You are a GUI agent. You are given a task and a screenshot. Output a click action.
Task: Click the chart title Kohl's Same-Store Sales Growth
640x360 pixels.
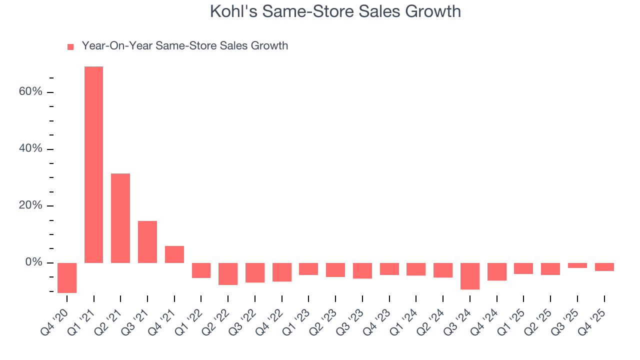pos(335,11)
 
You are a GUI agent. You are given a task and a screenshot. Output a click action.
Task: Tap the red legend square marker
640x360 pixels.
pos(70,46)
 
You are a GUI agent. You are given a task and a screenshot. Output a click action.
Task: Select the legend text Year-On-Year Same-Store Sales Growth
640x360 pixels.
pos(184,46)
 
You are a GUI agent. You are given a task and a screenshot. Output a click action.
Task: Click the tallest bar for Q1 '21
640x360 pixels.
pos(93,165)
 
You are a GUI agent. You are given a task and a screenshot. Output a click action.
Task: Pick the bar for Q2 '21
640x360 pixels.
pos(120,218)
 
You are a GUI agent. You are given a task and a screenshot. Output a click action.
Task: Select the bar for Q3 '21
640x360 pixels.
pos(147,242)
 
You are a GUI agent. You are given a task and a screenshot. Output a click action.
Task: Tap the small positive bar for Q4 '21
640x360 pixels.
pos(174,254)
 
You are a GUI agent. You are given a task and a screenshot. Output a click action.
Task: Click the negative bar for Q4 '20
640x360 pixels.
pos(67,277)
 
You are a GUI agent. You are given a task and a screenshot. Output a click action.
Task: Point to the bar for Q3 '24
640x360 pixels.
pos(470,276)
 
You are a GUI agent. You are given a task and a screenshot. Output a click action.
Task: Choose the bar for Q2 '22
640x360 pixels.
pos(228,274)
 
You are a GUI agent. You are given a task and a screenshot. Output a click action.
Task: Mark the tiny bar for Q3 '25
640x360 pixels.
pos(577,265)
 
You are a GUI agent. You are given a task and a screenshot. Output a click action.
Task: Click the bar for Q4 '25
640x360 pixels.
pos(604,267)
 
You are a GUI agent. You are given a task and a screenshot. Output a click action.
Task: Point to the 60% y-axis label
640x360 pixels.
pos(30,92)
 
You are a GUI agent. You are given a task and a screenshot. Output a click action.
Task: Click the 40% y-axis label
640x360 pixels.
pos(30,149)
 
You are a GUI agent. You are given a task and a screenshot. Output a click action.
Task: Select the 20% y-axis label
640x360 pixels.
pos(30,206)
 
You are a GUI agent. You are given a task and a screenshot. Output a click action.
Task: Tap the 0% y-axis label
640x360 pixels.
pos(33,262)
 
